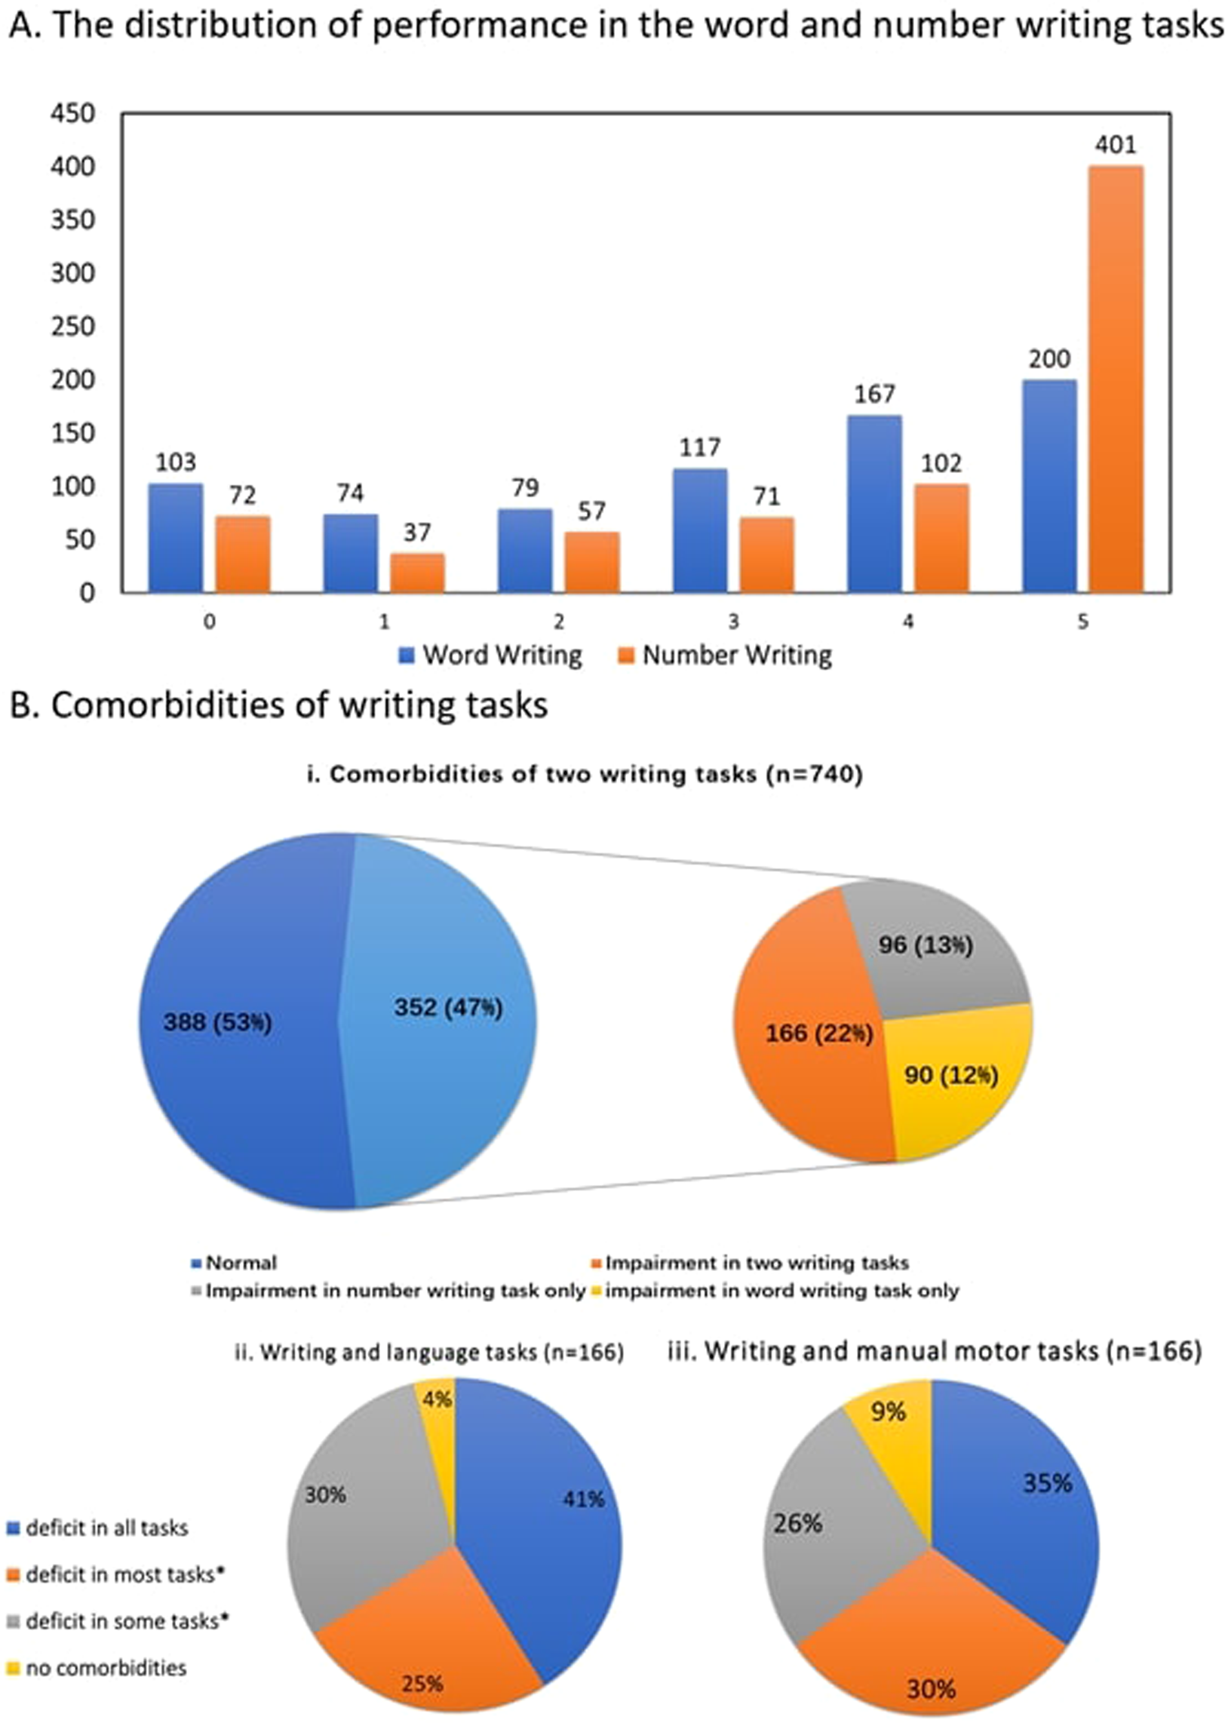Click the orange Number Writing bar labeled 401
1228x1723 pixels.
point(1116,378)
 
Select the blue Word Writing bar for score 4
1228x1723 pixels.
point(874,502)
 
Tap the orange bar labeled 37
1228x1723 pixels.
point(417,573)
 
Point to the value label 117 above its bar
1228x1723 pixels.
point(699,447)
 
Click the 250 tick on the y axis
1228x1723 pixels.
point(73,327)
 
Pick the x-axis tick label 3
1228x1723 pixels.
point(732,622)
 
